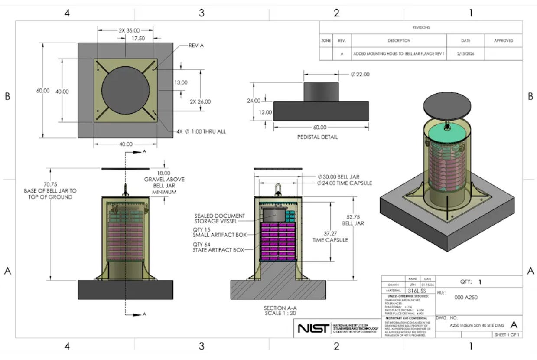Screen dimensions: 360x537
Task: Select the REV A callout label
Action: click(x=196, y=45)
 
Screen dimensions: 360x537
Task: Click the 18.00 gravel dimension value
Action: click(x=164, y=172)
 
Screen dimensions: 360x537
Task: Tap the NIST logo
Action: click(x=312, y=328)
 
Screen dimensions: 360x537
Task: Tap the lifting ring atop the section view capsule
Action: click(x=277, y=190)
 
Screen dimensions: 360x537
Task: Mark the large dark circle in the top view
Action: click(x=125, y=90)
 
